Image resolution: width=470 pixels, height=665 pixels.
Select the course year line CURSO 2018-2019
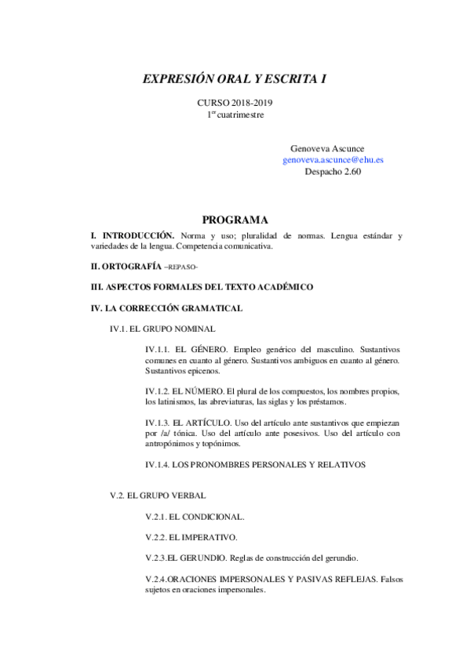235,103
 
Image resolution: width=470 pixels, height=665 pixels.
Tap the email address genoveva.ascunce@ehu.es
333,159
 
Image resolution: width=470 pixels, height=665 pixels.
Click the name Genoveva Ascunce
326,148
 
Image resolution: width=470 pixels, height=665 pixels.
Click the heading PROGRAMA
235,220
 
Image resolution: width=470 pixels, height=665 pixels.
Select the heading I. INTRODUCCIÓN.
133,235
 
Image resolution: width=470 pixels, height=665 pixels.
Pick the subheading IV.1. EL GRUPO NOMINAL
162,329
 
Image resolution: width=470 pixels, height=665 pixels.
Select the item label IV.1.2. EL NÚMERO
184,391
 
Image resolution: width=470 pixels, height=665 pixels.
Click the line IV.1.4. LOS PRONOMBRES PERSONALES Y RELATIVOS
256,464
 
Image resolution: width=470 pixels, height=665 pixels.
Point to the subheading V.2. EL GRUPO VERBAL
158,496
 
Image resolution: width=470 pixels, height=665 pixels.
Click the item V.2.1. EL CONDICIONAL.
195,517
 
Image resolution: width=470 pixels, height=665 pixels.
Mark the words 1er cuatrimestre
235,114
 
